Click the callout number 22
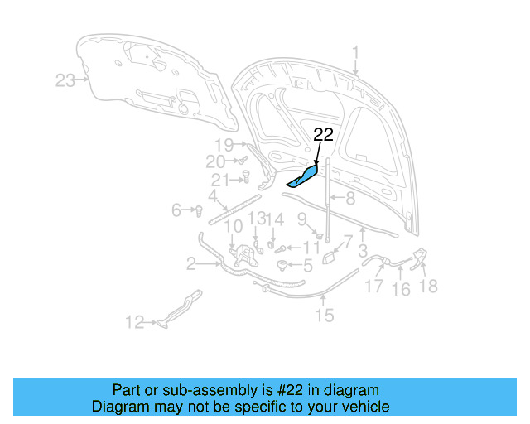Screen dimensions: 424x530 (323, 135)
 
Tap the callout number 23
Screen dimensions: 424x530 (65, 80)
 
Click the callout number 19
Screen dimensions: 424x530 (224, 144)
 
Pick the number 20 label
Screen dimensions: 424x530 (215, 161)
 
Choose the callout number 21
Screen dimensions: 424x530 (219, 181)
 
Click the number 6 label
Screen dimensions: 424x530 (176, 210)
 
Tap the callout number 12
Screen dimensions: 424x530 (134, 323)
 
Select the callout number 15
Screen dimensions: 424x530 (324, 315)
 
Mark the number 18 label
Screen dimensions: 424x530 (429, 287)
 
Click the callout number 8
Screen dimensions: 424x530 (350, 199)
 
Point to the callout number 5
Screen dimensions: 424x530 (307, 267)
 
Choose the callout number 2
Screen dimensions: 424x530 (190, 265)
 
